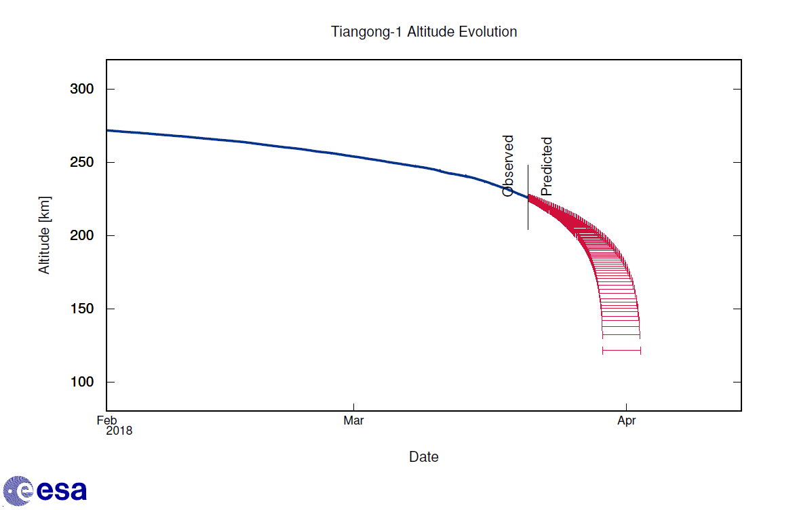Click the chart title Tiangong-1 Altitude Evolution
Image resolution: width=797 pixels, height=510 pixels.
pyautogui.click(x=424, y=32)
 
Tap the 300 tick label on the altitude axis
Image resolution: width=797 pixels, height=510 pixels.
pyautogui.click(x=82, y=90)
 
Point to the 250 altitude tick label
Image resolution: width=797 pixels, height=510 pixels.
pyautogui.click(x=82, y=163)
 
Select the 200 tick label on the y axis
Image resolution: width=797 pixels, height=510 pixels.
pyautogui.click(x=82, y=236)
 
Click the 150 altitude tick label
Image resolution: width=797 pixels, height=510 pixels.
pyautogui.click(x=82, y=309)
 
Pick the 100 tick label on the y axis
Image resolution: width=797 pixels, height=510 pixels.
pyautogui.click(x=82, y=382)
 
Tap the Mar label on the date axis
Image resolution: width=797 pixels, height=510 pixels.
pyautogui.click(x=353, y=420)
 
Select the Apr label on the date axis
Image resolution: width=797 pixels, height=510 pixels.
pyautogui.click(x=626, y=420)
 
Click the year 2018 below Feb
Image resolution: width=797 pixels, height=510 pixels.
pyautogui.click(x=119, y=431)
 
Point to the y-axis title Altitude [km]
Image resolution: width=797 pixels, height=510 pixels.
pyautogui.click(x=45, y=235)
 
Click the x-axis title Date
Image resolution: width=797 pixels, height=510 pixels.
pyautogui.click(x=424, y=457)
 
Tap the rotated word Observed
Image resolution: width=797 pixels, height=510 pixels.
pyautogui.click(x=508, y=166)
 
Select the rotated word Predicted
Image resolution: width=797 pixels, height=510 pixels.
pyautogui.click(x=547, y=167)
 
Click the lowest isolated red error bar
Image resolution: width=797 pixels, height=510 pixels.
pyautogui.click(x=621, y=351)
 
